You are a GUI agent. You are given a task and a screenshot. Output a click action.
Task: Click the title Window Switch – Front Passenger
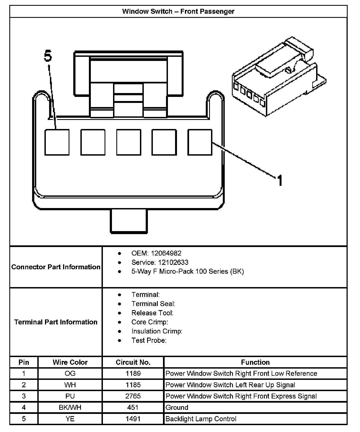[x=178, y=12]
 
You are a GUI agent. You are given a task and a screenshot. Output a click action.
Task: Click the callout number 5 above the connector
[x=48, y=56]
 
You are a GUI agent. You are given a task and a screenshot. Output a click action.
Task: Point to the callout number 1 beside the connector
[x=280, y=181]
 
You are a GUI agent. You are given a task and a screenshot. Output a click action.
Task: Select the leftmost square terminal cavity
[x=57, y=142]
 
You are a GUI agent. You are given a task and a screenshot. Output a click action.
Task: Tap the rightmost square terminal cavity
[x=200, y=142]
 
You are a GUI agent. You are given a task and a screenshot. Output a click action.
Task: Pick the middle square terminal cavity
[x=128, y=142]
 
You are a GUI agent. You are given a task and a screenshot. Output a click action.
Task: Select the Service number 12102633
[x=173, y=262]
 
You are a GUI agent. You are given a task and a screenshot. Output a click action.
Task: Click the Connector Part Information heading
[x=56, y=267]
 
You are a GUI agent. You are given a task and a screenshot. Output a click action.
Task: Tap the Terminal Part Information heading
[x=56, y=322]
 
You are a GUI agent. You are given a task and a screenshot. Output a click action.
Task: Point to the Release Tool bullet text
[x=152, y=313]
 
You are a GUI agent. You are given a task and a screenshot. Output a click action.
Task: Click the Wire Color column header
[x=70, y=362]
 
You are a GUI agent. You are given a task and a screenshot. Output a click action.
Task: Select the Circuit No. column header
[x=133, y=362]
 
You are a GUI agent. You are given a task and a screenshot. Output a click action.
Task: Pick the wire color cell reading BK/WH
[x=70, y=407]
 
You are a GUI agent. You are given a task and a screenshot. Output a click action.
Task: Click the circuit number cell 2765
[x=133, y=396]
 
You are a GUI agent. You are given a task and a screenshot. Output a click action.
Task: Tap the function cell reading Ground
[x=177, y=407]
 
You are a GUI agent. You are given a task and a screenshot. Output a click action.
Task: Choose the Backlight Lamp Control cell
[x=201, y=419]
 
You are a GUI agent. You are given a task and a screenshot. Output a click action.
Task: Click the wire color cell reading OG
[x=70, y=373]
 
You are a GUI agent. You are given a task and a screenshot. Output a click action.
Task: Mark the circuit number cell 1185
[x=133, y=385]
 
